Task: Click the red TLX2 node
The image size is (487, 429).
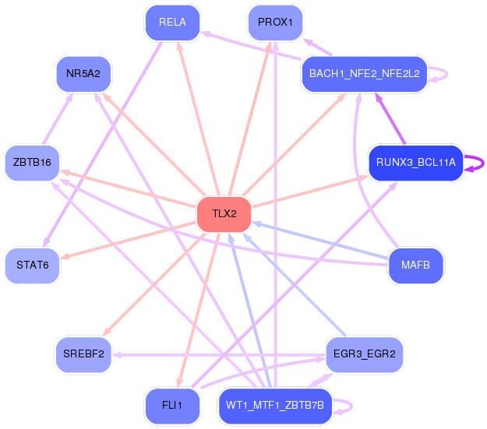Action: coord(224,214)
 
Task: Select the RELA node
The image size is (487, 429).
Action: coord(172,23)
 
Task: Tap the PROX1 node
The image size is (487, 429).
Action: coord(274,23)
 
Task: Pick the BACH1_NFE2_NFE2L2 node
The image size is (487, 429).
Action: coord(365,74)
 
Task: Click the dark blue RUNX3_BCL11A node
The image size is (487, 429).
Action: coord(415,163)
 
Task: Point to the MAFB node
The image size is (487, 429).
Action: coord(415,266)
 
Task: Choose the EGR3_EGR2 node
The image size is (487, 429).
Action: coord(364,354)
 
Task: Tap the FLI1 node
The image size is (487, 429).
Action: coord(172,406)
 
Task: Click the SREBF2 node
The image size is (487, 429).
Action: coord(83,354)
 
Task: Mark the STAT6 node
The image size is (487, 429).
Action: coord(33,265)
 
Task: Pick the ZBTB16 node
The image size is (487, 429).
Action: coord(33,162)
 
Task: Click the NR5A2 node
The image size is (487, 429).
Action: coord(83,74)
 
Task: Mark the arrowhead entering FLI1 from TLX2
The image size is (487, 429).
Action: coord(179,383)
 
